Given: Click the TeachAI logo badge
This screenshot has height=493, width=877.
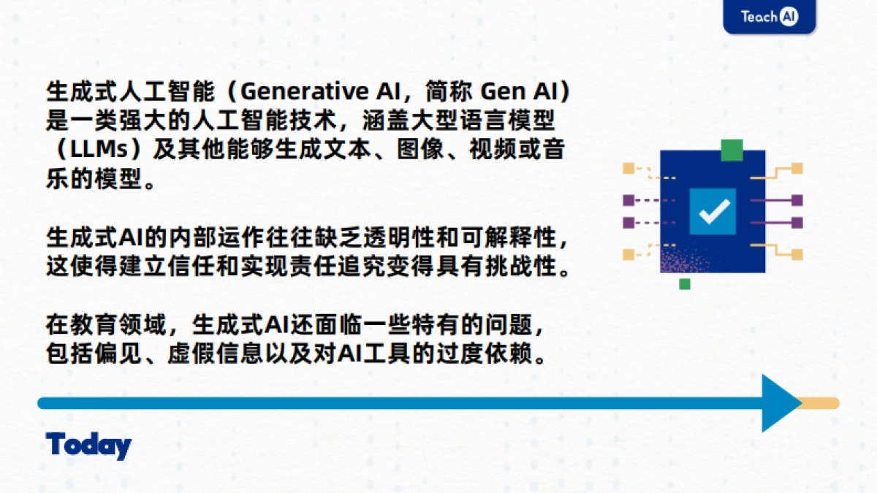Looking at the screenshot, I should click(769, 16).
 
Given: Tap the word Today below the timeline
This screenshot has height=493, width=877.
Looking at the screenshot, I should click(88, 446).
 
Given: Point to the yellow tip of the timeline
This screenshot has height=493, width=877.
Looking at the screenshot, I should click(821, 402).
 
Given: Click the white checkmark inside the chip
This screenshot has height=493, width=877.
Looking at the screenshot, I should click(713, 211).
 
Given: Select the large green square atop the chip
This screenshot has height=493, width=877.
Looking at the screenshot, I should click(732, 150).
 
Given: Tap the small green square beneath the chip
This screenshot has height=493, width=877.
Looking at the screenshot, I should click(685, 283).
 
